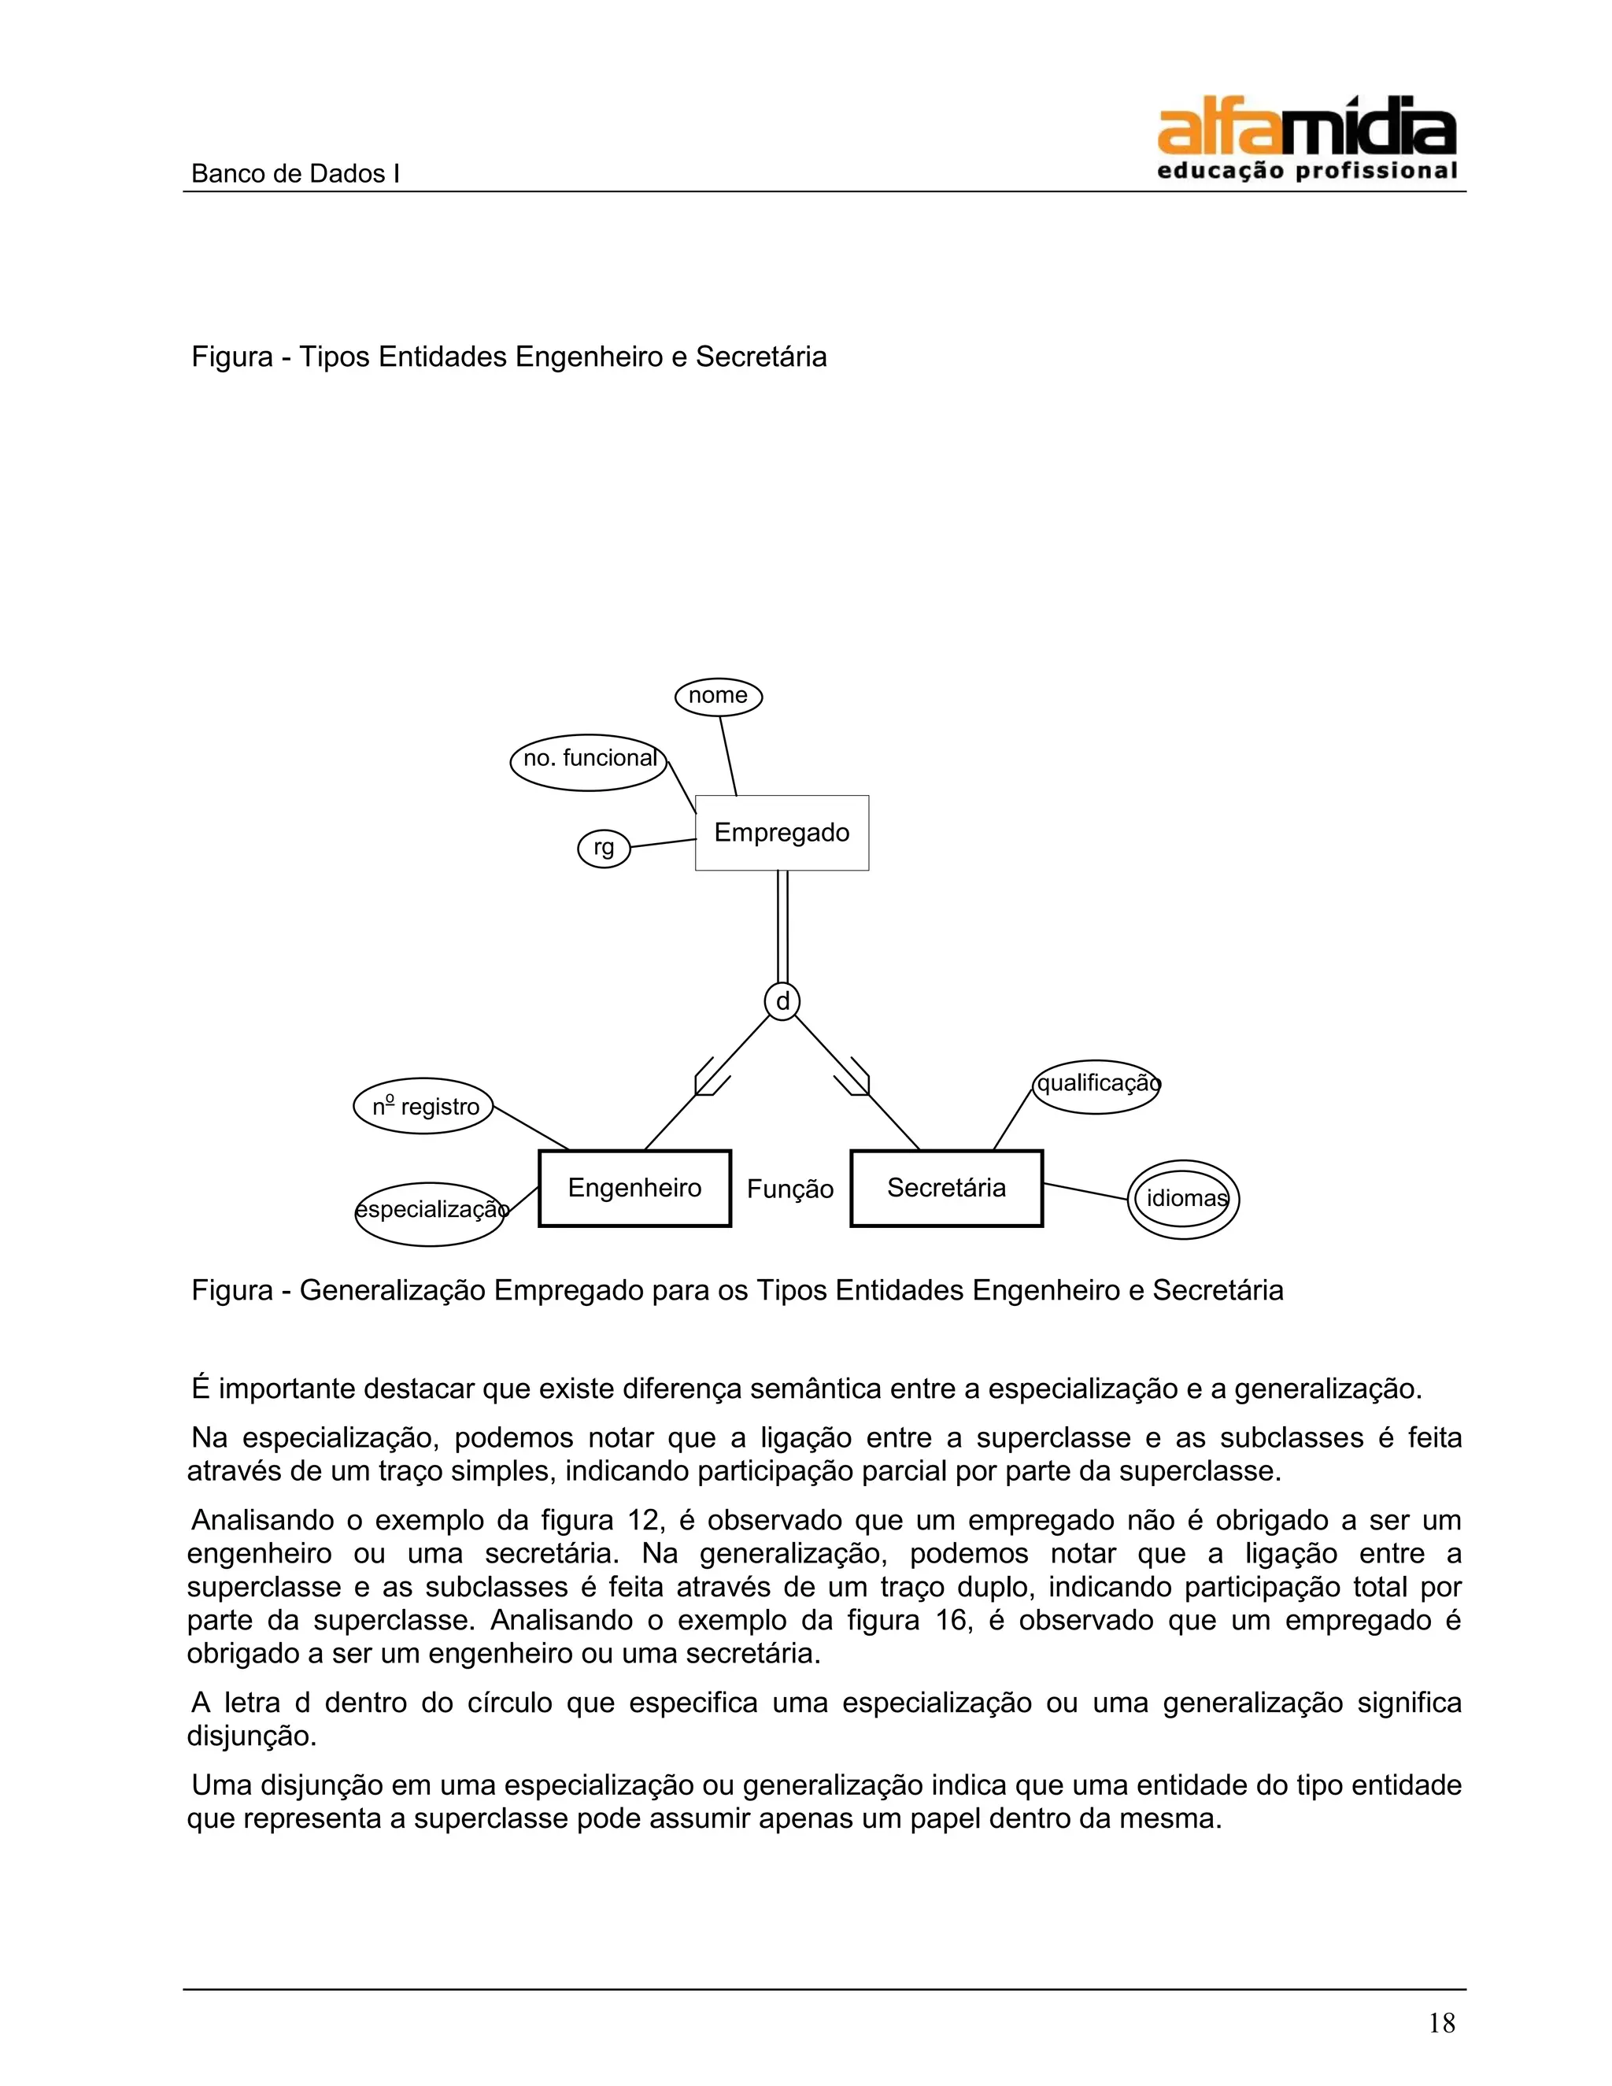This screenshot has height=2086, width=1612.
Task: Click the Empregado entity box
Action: (781, 832)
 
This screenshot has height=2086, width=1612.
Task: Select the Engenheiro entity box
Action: (634, 1187)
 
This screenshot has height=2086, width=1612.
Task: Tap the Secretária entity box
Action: (945, 1187)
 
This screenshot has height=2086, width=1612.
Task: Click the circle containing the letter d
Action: (782, 1001)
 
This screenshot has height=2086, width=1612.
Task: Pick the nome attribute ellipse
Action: (718, 697)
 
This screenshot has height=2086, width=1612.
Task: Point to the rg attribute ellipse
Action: (604, 848)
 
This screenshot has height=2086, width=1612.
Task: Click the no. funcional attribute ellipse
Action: (588, 762)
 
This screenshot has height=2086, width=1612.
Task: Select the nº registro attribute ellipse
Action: (424, 1106)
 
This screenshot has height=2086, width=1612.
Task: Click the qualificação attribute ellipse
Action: (1096, 1086)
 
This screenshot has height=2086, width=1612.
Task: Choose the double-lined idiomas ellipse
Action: (1183, 1199)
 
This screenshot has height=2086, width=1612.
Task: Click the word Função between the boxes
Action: (789, 1189)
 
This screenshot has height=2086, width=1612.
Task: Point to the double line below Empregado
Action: (782, 926)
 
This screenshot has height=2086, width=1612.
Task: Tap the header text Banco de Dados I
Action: (295, 174)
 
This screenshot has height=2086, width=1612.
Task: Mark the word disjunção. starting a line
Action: (251, 1736)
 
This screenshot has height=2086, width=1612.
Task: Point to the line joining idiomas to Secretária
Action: (1085, 1192)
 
